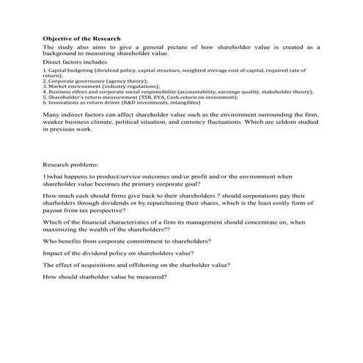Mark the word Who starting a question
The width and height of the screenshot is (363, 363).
50,241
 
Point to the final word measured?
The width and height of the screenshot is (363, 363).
153,276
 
